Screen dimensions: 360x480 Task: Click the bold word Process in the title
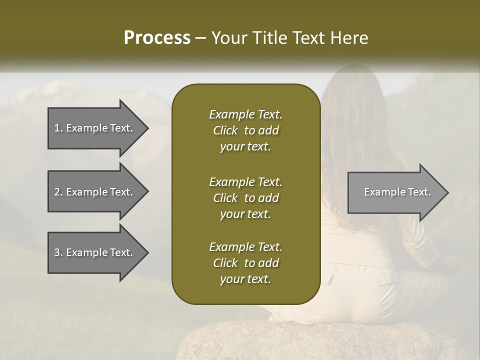156,38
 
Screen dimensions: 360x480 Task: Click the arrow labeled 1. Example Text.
93,128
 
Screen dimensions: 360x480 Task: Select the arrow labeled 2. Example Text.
93,192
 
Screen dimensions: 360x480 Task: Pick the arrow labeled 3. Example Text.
93,252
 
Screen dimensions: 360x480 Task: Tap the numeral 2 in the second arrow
57,192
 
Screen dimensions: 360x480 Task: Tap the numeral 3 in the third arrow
57,252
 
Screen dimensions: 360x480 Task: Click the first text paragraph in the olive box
245,130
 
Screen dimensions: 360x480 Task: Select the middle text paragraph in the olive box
245,198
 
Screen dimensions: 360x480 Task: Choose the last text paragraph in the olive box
245,263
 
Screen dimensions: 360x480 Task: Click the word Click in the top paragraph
225,130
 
